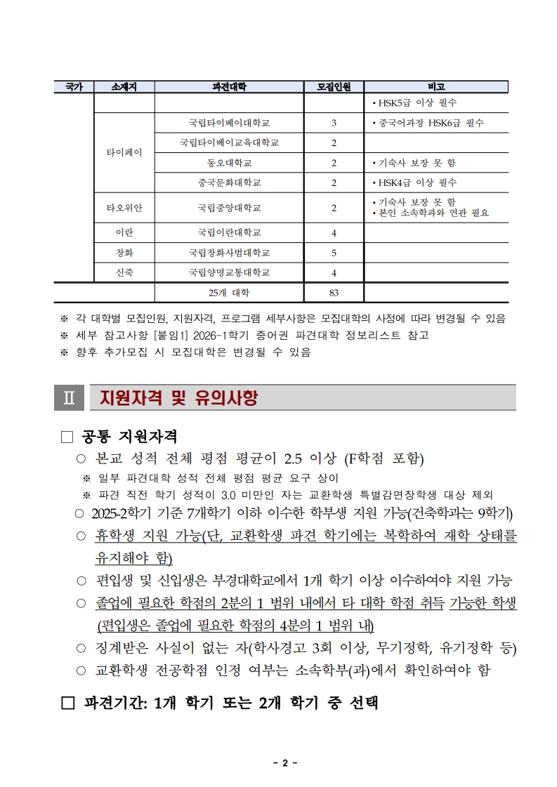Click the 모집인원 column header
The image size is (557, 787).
coord(334,87)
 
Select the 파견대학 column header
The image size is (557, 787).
coord(229,87)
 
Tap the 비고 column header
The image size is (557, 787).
coord(436,87)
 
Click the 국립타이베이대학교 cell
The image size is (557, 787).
coord(229,124)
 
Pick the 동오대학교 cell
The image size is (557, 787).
coord(229,163)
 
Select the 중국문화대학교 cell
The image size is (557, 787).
coord(229,183)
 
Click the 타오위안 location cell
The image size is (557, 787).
coord(124,208)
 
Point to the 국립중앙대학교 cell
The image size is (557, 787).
coord(229,208)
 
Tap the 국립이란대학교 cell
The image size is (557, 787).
coord(229,233)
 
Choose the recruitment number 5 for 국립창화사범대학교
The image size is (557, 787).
coord(334,253)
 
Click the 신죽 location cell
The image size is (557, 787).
coord(124,272)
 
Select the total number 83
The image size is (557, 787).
coord(334,293)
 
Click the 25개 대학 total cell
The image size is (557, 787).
coord(229,293)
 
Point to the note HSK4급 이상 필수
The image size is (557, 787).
coord(414,183)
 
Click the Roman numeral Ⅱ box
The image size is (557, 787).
coord(69,398)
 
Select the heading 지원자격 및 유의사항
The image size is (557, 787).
coord(178,398)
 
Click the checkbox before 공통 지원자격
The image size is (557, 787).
coord(67,437)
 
